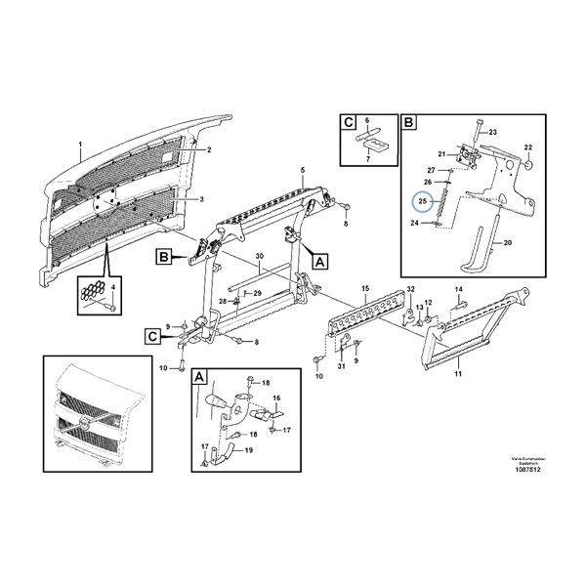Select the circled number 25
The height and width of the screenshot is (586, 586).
(423, 201)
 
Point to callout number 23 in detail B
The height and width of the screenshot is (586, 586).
(492, 131)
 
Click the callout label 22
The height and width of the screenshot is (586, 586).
(528, 147)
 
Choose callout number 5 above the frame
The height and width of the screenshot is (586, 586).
(303, 171)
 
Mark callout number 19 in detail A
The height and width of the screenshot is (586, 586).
(249, 450)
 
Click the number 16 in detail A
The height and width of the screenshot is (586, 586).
(276, 398)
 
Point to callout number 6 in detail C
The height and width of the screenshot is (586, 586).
(367, 122)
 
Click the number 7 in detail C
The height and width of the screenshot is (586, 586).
(367, 156)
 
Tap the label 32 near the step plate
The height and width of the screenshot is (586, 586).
(410, 291)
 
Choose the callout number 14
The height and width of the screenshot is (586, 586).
(458, 290)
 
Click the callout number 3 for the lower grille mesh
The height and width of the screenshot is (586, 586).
(202, 200)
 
